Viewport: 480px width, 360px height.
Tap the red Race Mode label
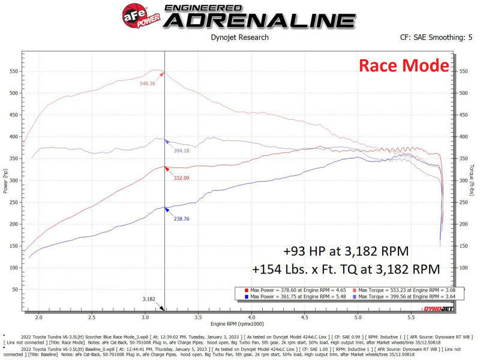coord(403,65)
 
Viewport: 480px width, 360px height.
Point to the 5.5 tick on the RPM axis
coord(411,317)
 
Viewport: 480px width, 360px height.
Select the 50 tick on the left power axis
coord(14,289)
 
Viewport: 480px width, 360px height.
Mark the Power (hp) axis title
coord(5,181)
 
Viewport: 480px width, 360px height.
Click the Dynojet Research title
coord(239,37)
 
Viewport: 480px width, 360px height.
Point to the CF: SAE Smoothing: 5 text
coord(436,37)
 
